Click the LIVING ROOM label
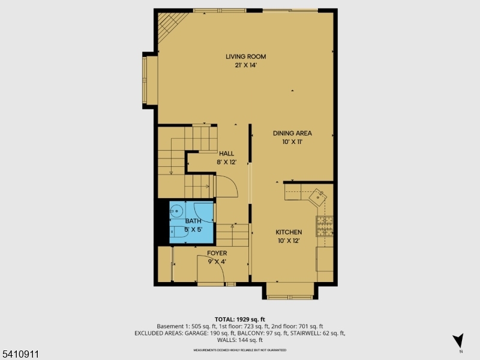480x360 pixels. coord(245,57)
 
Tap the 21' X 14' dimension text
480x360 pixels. coord(245,65)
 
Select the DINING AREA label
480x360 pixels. coord(292,133)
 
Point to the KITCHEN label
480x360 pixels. coord(289,232)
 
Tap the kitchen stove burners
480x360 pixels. coord(325,226)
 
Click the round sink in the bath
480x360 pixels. coord(177,211)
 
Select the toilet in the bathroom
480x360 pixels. coord(176,231)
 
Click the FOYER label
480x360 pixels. coord(217,254)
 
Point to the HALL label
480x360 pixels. coord(226,154)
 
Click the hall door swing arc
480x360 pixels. coord(229,187)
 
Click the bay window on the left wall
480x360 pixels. coord(149,81)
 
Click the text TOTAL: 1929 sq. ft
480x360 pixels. coord(240,319)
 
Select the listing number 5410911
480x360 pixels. coord(20,354)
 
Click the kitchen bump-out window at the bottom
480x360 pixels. coord(289,293)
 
